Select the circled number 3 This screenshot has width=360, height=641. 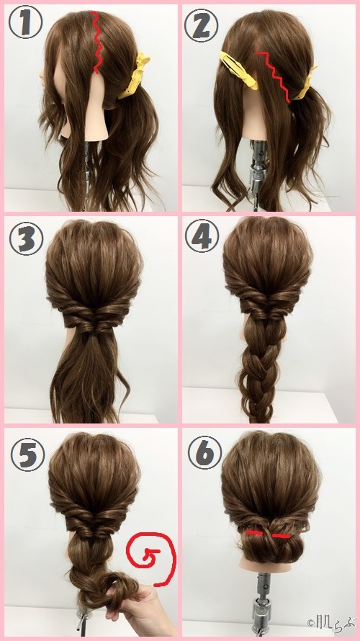[x=26, y=239]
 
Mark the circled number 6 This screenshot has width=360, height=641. [x=202, y=452]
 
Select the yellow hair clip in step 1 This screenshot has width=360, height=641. [x=135, y=76]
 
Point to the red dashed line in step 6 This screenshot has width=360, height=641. [x=268, y=535]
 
